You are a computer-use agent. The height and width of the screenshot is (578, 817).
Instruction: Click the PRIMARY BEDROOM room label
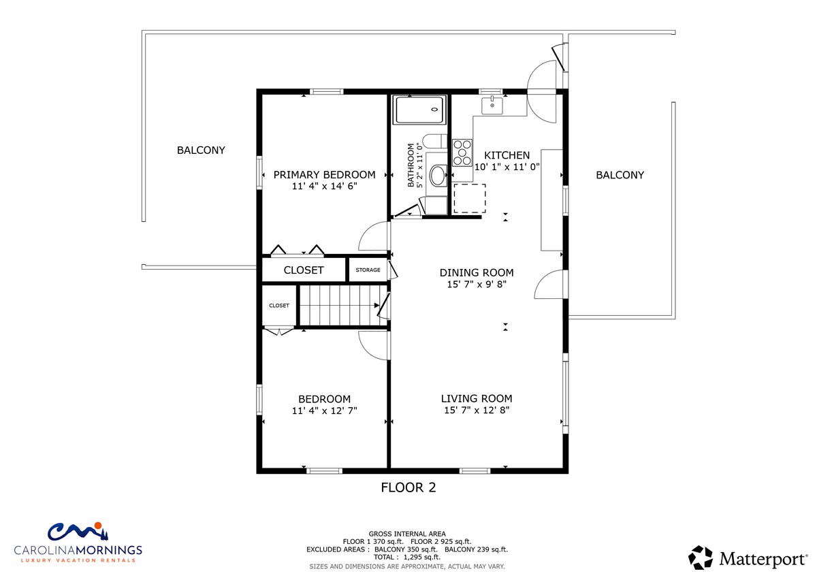coord(324,175)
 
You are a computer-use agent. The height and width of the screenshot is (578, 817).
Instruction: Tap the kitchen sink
coord(492,106)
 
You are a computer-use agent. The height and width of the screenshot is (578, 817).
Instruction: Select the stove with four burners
coord(462,152)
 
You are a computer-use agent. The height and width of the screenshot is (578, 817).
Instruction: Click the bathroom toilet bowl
coord(438,176)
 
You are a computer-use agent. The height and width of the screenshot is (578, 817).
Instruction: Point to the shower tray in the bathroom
coord(419,110)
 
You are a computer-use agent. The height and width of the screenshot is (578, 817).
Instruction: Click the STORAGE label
coord(368,270)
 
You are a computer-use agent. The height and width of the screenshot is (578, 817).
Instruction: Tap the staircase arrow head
coord(377,305)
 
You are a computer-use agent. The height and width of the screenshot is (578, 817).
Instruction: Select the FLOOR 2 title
coord(408,487)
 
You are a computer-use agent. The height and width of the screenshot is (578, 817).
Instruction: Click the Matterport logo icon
coord(701,558)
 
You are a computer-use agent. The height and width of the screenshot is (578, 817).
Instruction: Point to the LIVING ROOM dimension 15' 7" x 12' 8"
coord(477,411)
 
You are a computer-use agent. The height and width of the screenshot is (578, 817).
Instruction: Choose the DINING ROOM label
coord(477,273)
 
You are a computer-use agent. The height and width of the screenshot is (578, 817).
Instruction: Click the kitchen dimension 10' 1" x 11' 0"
coord(507,167)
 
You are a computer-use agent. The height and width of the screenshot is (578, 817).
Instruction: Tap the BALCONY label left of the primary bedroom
coord(201,150)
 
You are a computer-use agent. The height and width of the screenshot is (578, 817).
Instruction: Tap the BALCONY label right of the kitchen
coord(620,175)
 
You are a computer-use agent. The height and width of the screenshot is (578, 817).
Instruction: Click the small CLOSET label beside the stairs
coord(279,306)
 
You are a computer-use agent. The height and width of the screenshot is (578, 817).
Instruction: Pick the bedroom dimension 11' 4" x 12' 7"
coord(324,411)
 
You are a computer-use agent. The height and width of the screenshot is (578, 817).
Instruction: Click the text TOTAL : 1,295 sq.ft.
coord(407,557)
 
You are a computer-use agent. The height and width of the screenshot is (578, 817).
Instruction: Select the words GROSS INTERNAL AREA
coord(407,534)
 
